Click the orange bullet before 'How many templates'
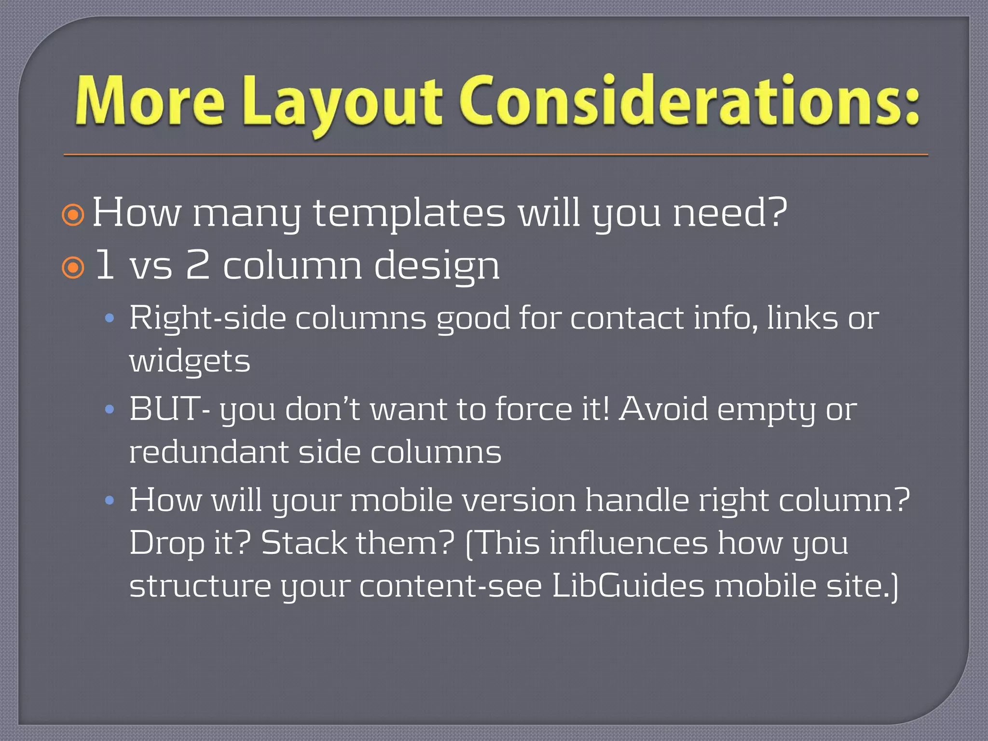(x=73, y=215)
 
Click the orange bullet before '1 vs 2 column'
(x=73, y=268)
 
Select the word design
(x=437, y=267)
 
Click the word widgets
(x=190, y=362)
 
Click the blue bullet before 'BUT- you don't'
(x=110, y=410)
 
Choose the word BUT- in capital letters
(x=169, y=409)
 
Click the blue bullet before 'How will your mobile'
(x=110, y=501)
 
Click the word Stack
(x=304, y=543)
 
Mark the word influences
(x=629, y=543)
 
